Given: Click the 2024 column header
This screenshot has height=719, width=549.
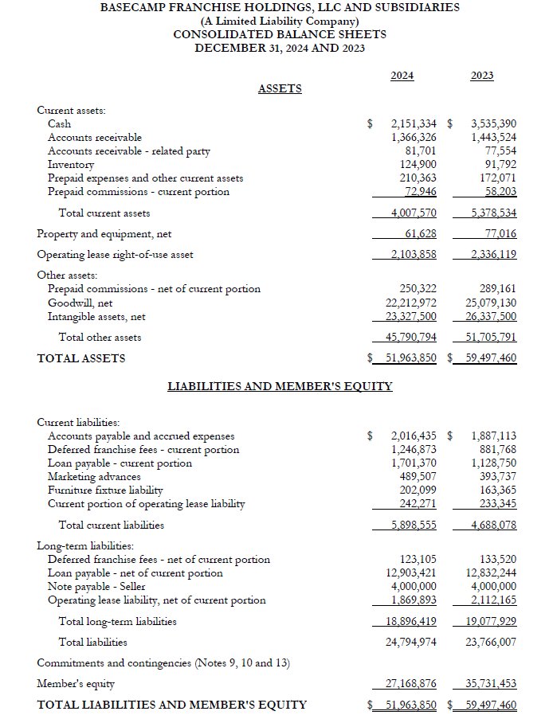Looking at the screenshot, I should click(x=402, y=76).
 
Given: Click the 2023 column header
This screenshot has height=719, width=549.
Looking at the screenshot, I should click(x=481, y=76).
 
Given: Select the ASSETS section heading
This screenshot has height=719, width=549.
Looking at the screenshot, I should click(x=280, y=88).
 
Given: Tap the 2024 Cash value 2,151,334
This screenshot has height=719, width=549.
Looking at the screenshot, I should click(x=414, y=123).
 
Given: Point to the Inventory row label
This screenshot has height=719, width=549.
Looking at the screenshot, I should click(x=72, y=164).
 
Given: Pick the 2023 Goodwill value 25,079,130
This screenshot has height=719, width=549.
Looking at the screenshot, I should click(x=491, y=303).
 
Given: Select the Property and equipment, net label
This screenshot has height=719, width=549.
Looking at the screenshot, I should click(x=104, y=233).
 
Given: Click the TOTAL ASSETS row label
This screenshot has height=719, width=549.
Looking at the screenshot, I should click(x=81, y=358).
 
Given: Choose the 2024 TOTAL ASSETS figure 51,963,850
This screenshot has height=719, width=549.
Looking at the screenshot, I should click(x=411, y=358).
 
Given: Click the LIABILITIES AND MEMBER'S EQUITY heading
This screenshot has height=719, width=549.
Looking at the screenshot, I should click(x=280, y=386).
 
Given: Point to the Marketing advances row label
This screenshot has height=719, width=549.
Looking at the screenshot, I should click(x=94, y=476).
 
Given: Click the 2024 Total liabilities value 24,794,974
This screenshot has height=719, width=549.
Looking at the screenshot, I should click(x=411, y=641).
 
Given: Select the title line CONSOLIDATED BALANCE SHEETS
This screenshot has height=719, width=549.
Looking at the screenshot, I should click(x=280, y=34).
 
